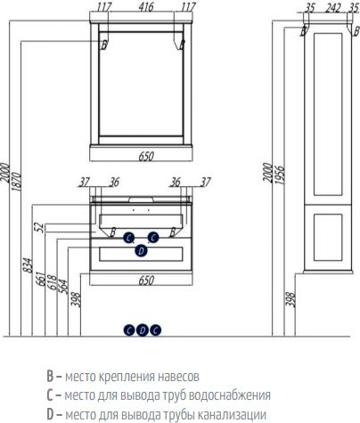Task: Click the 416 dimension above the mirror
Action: pyautogui.click(x=146, y=7)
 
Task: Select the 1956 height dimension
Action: pyautogui.click(x=280, y=175)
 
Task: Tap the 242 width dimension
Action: pyautogui.click(x=332, y=8)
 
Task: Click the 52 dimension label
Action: pyautogui.click(x=39, y=227)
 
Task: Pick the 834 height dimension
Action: pyautogui.click(x=28, y=265)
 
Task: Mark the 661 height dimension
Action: pyautogui.click(x=40, y=279)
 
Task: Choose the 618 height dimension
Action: pyautogui.click(x=52, y=282)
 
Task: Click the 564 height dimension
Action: pyautogui.click(x=63, y=287)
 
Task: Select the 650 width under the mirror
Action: pyautogui.click(x=146, y=156)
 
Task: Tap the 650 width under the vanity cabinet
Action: pyautogui.click(x=146, y=281)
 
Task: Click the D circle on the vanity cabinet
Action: pyautogui.click(x=141, y=251)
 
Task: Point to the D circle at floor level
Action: pyautogui.click(x=143, y=330)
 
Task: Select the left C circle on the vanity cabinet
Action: pyautogui.click(x=128, y=238)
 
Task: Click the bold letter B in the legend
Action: pyautogui.click(x=50, y=376)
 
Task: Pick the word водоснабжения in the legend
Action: pyautogui.click(x=230, y=395)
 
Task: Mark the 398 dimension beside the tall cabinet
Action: pyautogui.click(x=291, y=299)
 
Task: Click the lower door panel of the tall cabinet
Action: pyautogui.click(x=328, y=237)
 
